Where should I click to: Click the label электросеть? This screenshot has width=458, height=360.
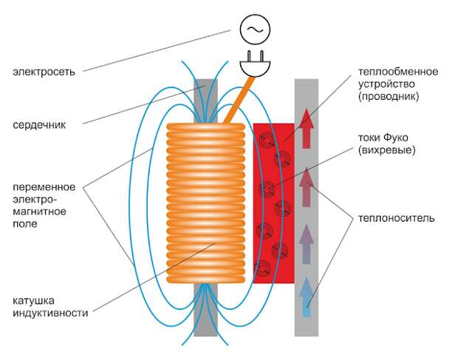coord(44,72)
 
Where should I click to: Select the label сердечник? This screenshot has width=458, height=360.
coord(39,125)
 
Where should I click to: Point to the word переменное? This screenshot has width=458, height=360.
coord(44,187)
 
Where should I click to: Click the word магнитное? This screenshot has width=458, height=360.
coord(39,211)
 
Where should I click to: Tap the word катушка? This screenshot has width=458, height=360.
coord(33,301)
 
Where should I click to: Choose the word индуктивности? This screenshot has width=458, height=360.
coord(50,313)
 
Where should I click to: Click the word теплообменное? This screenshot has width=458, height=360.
coord(398,72)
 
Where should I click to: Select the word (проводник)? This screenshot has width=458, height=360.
coord(389,96)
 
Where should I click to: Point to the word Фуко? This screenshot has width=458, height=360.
coord(396,137)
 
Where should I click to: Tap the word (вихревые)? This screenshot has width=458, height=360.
coord(387,150)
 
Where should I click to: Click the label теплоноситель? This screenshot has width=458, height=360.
coord(397,218)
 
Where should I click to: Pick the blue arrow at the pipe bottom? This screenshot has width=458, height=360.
coord(306,297)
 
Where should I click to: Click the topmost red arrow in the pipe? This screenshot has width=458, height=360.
coord(306,129)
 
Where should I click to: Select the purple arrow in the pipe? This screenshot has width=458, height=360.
coord(306,244)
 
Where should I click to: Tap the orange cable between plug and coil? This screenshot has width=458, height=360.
coord(238,100)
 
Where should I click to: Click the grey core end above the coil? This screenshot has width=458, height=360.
coord(205,101)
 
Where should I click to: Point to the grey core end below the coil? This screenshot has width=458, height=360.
coord(205,310)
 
